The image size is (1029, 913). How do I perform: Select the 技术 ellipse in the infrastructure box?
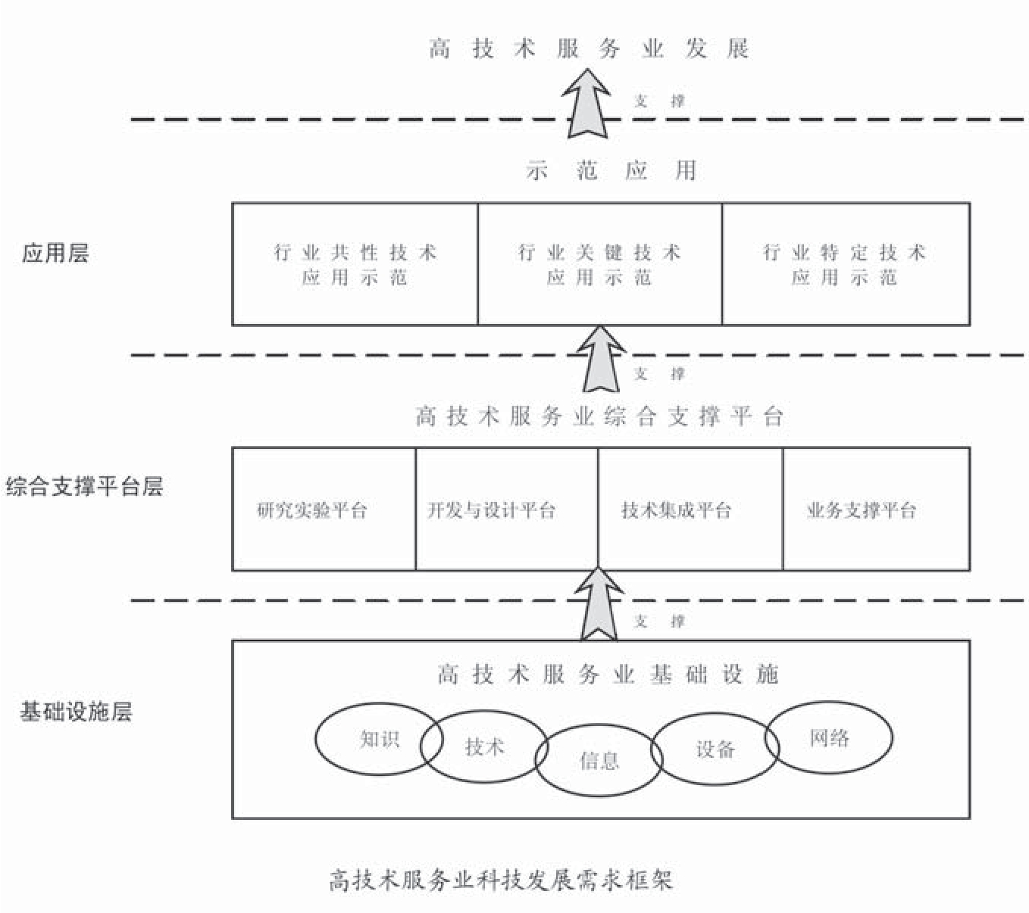484,747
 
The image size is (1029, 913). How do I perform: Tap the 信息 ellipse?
599,760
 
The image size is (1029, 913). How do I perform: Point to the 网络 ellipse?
829,737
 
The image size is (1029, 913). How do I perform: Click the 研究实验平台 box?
324,509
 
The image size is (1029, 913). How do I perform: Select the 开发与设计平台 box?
506,509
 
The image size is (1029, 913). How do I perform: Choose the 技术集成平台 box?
690,509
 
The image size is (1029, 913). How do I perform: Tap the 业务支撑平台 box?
876,509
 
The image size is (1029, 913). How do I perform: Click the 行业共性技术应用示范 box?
355,264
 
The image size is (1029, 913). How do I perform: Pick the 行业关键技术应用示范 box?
599,264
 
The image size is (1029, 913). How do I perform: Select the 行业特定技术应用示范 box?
846,264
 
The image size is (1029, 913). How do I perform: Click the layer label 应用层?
55,253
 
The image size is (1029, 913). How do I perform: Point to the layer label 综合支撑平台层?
84,486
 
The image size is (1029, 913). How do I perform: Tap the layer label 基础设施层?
76,712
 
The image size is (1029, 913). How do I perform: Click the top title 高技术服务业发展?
589,49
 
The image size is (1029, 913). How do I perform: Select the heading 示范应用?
611,170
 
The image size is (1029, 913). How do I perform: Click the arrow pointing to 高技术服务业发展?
587,103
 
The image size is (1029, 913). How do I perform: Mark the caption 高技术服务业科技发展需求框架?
500,880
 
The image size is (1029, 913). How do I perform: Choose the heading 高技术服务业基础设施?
608,674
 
